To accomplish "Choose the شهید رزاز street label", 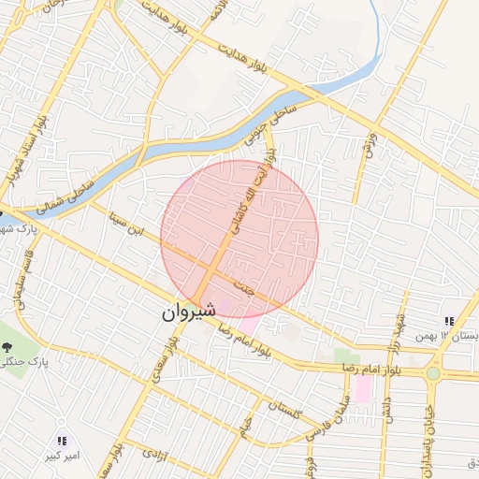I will point(403,333).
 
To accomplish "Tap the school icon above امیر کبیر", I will point(63,440).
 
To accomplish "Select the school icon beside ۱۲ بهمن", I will point(451,321).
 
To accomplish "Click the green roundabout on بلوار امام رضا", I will point(432,373).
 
